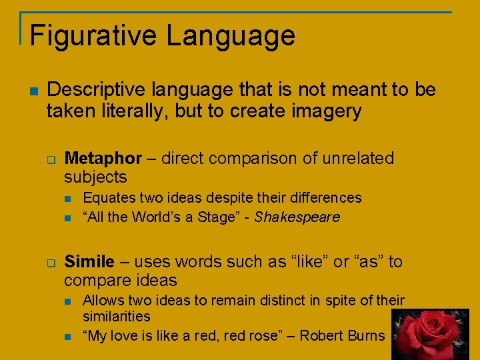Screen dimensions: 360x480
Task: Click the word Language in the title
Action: click(x=231, y=35)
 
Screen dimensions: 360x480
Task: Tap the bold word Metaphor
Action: click(x=103, y=159)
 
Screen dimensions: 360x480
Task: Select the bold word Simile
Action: click(x=89, y=262)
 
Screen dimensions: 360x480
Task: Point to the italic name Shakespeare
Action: click(x=297, y=217)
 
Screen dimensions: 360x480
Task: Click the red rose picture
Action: click(x=430, y=334)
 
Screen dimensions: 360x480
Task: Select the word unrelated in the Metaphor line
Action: click(x=358, y=159)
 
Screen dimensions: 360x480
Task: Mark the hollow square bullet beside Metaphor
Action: click(x=51, y=159)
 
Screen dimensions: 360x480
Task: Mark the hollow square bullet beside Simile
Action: click(x=51, y=263)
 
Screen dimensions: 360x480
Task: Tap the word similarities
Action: click(x=117, y=317)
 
